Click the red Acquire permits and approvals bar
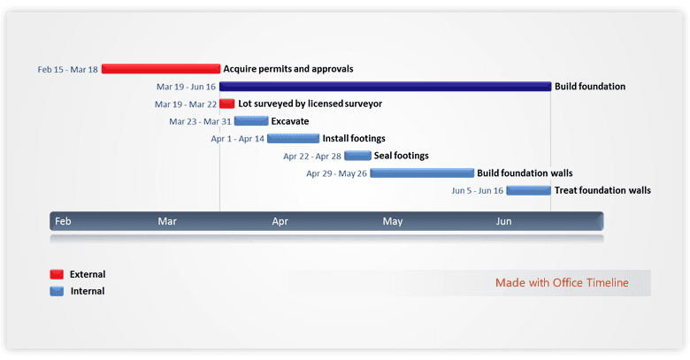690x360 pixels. [161, 68]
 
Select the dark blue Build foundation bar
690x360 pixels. [385, 86]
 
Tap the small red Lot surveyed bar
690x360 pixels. [227, 103]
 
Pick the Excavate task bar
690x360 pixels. [251, 121]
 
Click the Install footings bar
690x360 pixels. [293, 138]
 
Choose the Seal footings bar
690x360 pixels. [357, 156]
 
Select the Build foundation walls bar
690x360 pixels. [422, 173]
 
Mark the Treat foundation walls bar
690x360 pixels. [528, 190]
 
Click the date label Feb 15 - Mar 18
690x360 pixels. [68, 69]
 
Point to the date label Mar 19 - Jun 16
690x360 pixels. [186, 87]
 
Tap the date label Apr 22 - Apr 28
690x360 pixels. [312, 157]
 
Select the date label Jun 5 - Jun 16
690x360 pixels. [477, 191]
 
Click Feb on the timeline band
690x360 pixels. [63, 221]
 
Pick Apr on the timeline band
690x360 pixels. [280, 221]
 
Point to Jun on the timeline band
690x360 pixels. [503, 221]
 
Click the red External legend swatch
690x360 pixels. [57, 274]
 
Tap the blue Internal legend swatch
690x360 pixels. [57, 291]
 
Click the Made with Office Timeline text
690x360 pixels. [562, 283]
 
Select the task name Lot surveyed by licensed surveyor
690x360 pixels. [310, 103]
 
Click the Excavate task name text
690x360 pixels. [290, 121]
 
